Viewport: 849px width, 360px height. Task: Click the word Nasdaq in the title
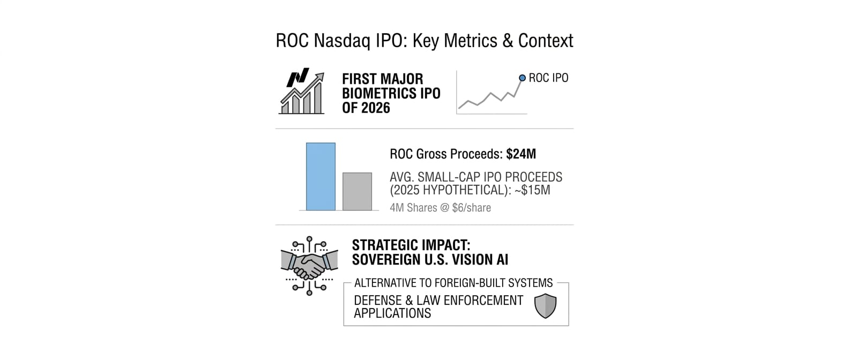342,41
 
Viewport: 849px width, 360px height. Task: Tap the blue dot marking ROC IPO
522,78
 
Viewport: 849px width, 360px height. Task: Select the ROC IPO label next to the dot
548,78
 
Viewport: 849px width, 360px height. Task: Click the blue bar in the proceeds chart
321,177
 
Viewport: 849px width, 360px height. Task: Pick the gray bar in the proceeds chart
357,191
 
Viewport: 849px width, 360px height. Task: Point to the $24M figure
521,154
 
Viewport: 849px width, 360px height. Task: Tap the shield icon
546,306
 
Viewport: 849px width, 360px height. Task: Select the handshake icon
309,266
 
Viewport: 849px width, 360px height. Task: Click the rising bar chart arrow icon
302,91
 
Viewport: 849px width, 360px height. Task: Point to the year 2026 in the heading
376,108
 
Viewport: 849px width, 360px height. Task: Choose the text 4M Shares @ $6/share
441,208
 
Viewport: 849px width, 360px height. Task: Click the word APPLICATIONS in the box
392,313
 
